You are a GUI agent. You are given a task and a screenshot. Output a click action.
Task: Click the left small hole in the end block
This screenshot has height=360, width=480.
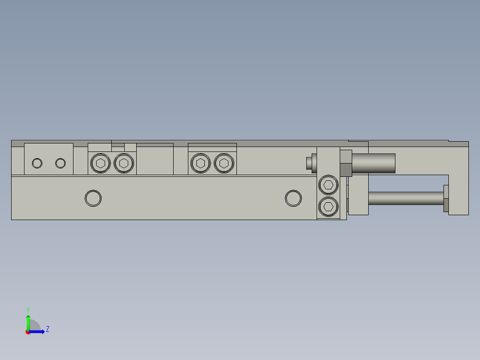(37, 164)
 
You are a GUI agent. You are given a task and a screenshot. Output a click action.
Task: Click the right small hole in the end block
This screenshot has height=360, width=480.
(61, 164)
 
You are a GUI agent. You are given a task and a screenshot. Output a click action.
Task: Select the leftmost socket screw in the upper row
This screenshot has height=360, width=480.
(101, 164)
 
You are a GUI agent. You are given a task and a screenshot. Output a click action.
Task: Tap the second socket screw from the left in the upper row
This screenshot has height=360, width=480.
(124, 164)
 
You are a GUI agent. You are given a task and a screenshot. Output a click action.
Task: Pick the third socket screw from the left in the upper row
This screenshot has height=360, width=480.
(201, 164)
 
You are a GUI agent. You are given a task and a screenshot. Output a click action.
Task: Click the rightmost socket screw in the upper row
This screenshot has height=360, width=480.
(224, 164)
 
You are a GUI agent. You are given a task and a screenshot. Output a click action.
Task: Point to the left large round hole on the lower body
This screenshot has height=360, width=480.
(93, 198)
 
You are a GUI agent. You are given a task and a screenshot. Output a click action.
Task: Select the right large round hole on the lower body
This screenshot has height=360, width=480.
(293, 198)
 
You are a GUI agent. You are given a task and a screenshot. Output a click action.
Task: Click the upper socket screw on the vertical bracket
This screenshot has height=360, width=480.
(329, 184)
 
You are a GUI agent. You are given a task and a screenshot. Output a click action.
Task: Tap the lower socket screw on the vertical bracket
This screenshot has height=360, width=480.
(329, 206)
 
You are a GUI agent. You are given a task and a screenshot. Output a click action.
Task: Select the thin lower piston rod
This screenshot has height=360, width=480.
(405, 198)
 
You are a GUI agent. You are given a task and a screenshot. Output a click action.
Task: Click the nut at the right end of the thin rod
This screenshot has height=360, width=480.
(446, 198)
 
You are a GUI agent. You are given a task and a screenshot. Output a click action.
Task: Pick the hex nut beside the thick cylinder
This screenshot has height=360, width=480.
(346, 163)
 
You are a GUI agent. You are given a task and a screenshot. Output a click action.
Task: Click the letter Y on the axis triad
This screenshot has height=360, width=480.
(28, 309)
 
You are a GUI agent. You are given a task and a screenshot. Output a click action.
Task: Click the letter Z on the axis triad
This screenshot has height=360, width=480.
(47, 329)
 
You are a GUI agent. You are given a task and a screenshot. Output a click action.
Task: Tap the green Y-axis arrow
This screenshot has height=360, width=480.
(28, 321)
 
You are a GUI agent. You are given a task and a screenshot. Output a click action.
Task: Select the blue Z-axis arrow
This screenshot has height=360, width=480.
(37, 331)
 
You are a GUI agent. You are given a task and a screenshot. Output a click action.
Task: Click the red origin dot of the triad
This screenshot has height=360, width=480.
(28, 332)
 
